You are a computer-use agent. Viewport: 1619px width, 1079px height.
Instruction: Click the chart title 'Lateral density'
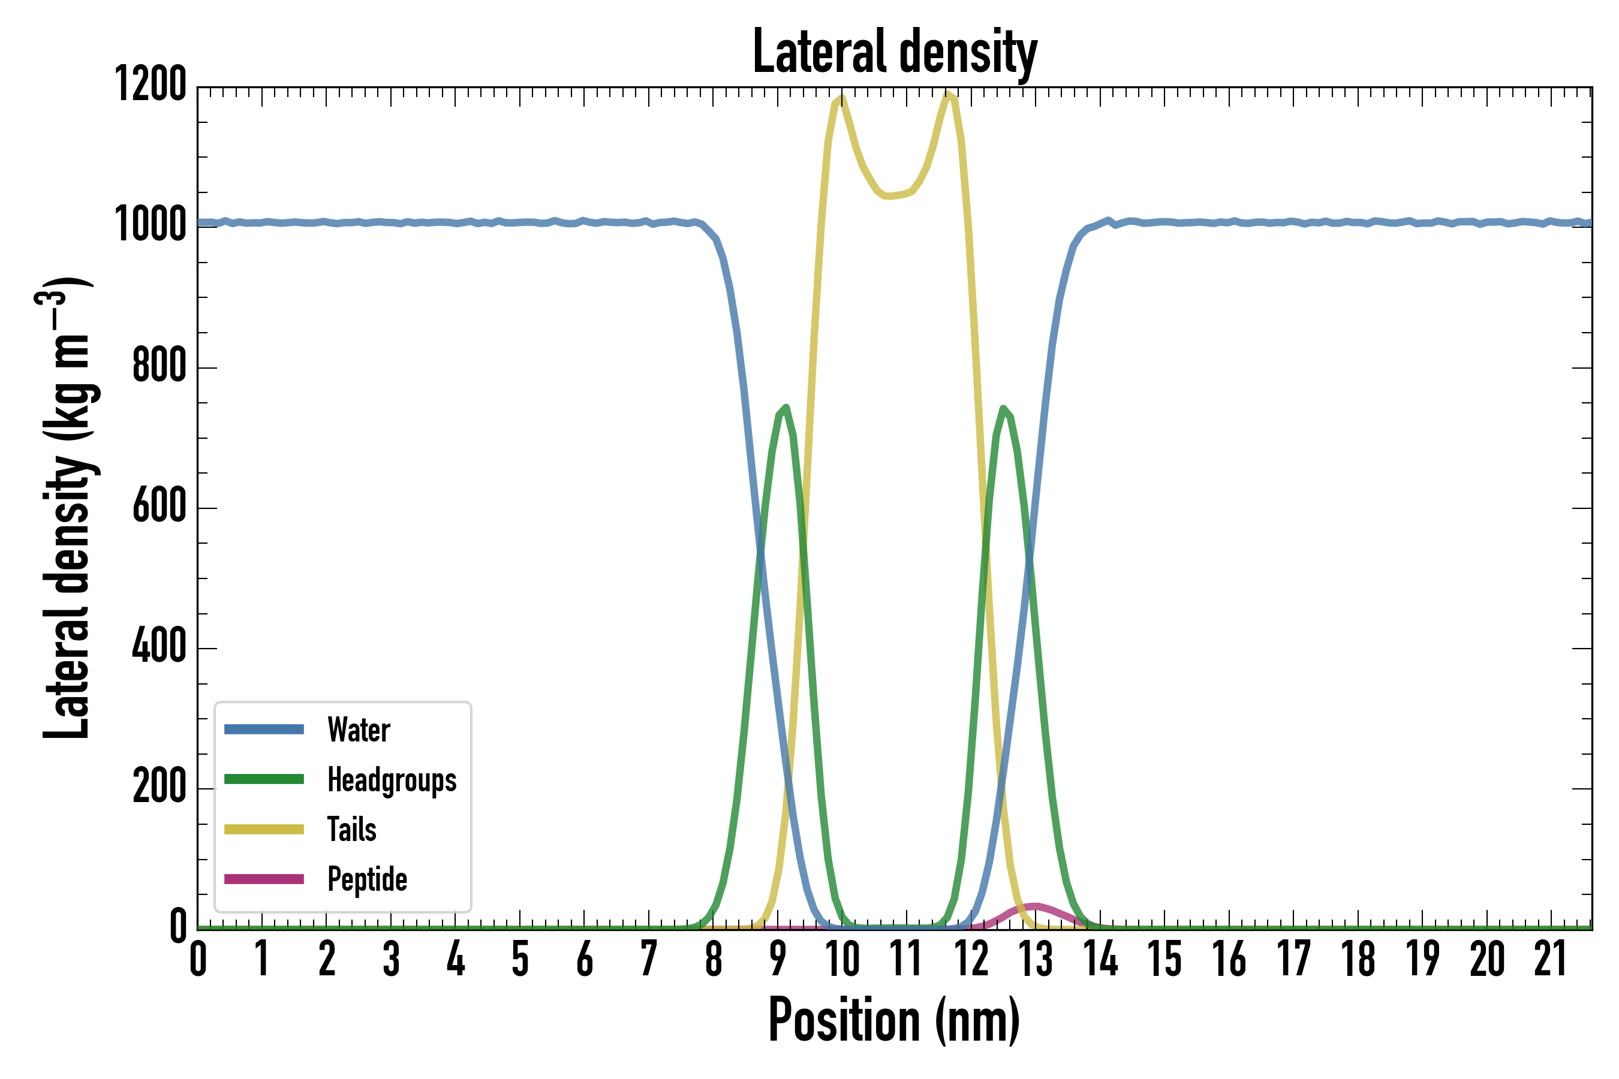pos(894,52)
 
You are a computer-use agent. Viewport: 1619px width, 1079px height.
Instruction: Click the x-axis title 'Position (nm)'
pos(894,1020)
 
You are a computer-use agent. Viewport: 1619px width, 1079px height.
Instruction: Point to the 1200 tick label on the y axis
pos(150,85)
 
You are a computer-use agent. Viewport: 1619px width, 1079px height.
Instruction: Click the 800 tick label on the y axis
pos(159,366)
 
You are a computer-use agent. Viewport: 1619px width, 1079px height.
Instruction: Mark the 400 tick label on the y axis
pos(159,646)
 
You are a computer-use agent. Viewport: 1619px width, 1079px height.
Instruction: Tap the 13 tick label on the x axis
pos(1036,959)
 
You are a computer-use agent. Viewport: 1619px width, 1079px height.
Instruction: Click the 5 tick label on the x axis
pos(520,959)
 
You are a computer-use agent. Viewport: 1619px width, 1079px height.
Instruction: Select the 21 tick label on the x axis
pos(1551,959)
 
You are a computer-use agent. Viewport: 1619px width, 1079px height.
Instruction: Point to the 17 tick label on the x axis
pos(1293,959)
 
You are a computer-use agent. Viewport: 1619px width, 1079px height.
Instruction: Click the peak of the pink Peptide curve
pos(1034,906)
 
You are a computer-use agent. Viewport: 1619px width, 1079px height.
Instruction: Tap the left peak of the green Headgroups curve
pos(786,408)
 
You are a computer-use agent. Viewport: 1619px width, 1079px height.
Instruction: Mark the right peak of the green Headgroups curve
pos(1004,409)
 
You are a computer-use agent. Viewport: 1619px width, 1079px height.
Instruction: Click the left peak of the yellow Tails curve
pos(841,97)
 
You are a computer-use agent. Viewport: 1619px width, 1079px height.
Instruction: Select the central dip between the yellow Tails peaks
pos(889,196)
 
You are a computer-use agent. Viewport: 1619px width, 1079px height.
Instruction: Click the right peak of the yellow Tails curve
pos(949,94)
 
